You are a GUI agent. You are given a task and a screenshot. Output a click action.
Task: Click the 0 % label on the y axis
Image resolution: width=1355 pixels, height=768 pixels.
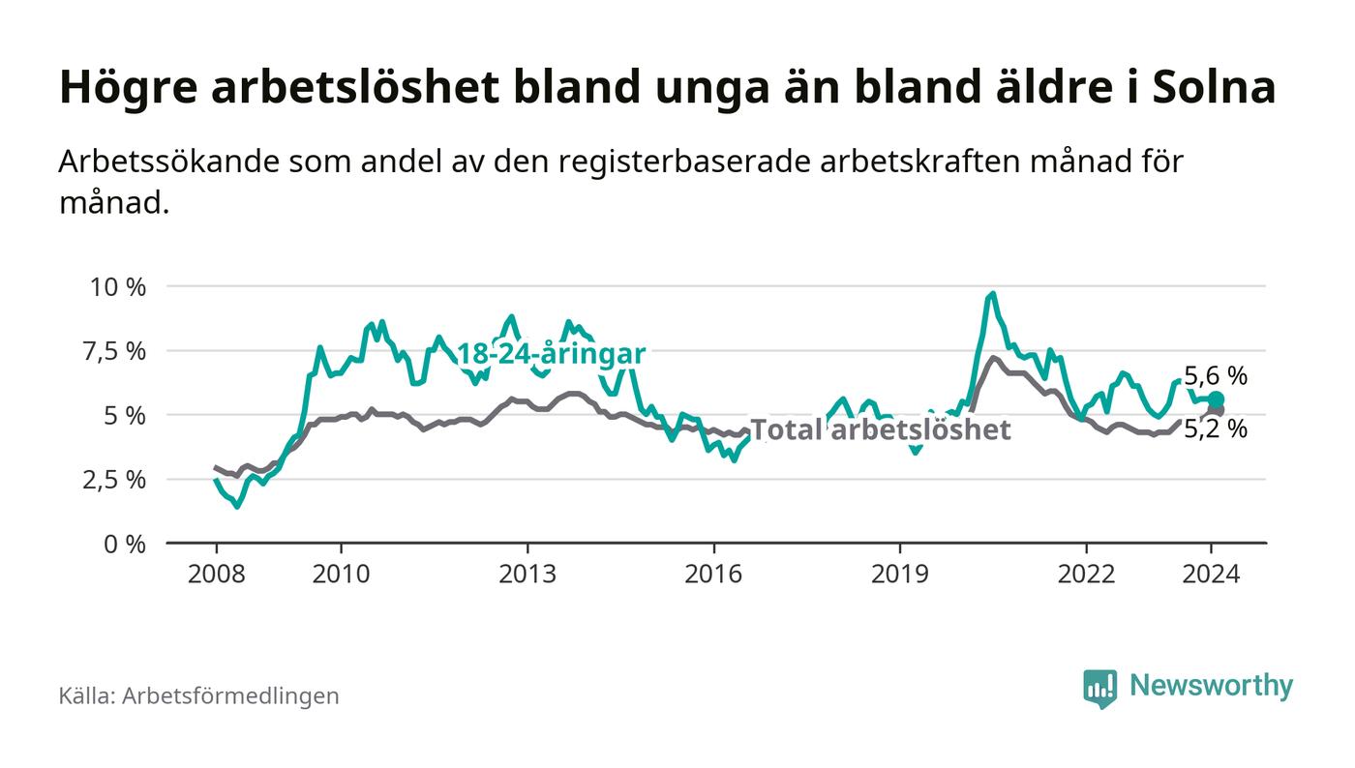click(x=126, y=544)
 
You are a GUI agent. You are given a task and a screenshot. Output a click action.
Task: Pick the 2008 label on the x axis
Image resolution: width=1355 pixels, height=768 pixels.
click(x=216, y=574)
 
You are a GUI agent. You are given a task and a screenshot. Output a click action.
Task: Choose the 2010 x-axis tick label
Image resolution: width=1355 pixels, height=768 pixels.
click(x=341, y=574)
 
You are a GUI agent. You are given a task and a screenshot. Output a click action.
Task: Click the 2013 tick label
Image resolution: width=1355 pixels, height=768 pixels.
click(x=527, y=574)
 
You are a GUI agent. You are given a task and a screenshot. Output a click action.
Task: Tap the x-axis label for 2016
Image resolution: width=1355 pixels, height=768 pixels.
click(x=713, y=574)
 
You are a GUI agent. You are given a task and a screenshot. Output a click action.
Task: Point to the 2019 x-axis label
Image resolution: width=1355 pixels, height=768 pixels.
click(x=900, y=574)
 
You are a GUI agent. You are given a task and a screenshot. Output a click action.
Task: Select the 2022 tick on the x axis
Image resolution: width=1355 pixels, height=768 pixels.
click(x=1086, y=574)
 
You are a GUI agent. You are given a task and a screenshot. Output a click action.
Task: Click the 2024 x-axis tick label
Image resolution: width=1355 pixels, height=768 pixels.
click(x=1211, y=574)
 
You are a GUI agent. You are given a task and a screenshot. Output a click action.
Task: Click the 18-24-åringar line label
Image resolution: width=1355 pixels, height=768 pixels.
click(x=550, y=355)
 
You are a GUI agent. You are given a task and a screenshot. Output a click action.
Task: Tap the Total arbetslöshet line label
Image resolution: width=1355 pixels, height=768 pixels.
click(x=881, y=429)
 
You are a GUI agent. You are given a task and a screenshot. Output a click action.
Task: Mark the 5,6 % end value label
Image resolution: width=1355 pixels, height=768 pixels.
click(x=1216, y=376)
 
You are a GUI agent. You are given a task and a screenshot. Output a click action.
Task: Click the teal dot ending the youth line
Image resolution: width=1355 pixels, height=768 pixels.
click(x=1217, y=399)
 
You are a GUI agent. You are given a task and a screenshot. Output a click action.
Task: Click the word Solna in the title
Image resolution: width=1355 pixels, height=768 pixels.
click(x=1215, y=87)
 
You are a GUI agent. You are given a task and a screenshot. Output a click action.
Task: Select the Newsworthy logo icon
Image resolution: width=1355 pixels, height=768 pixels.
click(x=1099, y=688)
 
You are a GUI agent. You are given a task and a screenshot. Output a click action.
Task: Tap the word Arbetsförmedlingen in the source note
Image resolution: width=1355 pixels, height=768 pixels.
click(x=230, y=695)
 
